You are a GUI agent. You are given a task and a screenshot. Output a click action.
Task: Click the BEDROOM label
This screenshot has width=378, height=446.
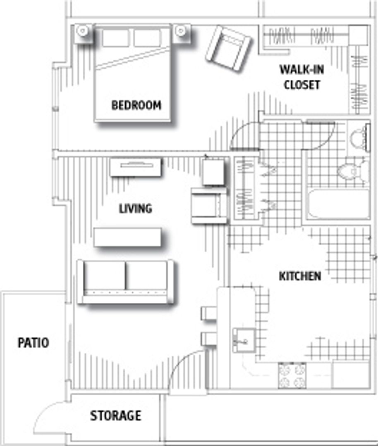point(136,105)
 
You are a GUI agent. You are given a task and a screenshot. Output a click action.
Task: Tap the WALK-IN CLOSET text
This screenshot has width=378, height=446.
point(301,77)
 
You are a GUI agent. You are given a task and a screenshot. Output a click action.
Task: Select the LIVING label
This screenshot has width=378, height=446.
point(136,209)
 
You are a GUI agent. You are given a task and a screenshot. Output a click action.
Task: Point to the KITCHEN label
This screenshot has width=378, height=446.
point(300,276)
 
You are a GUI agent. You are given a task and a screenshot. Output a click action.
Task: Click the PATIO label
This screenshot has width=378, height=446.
point(33,343)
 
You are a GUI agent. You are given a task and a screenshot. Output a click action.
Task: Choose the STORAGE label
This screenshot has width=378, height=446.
point(116,415)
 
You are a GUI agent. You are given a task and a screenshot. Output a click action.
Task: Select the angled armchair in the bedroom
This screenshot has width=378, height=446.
point(229,48)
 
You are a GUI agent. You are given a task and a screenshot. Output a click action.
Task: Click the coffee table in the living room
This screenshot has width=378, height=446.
point(127,237)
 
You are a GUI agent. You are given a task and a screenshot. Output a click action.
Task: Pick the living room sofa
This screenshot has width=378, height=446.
point(125,282)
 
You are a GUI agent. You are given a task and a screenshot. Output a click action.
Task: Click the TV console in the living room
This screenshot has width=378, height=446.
point(136,167)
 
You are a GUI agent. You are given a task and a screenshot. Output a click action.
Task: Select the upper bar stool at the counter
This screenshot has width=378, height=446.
point(209,313)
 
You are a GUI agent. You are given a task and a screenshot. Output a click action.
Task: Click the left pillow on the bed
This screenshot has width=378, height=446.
point(115,38)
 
